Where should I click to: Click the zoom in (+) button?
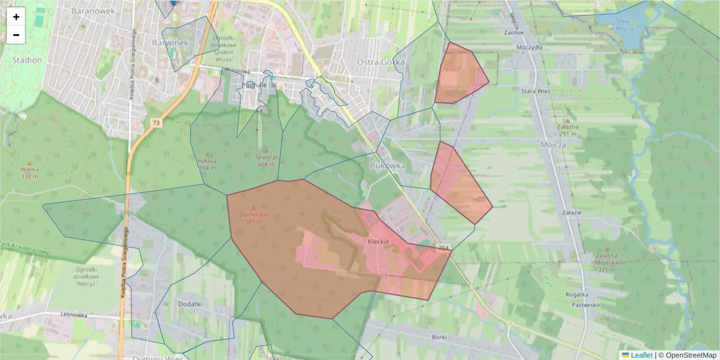coord(16,17)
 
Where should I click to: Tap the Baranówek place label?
coord(88,11)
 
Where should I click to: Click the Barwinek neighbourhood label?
coord(170,43)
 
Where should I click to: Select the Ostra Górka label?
coord(380,62)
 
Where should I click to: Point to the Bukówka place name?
coord(388,165)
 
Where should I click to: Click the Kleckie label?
coord(379,241)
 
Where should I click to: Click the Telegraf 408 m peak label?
coord(266,161)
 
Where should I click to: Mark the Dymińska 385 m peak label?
coord(253,217)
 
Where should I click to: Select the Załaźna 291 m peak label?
coord(567,130)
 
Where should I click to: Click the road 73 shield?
coord(156,123)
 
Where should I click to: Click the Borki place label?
coord(439,337)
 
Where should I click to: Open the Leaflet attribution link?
coord(641,355)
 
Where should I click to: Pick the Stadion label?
coord(27,60)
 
